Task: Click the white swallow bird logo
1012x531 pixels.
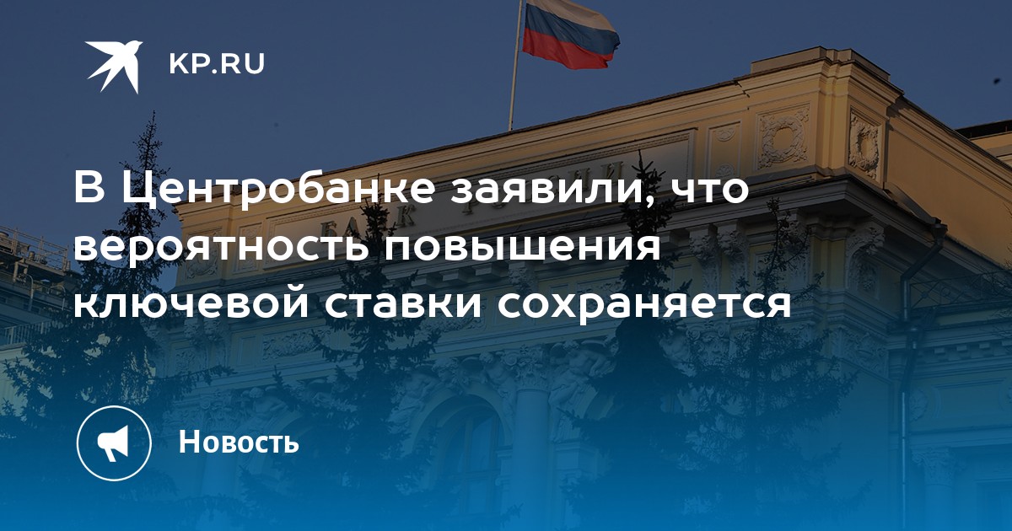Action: coord(114,66)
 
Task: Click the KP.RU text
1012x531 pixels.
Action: coord(217,64)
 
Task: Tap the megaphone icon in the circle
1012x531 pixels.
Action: coord(113,443)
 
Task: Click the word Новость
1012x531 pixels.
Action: coord(239,441)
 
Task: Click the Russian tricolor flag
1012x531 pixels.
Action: coord(571,35)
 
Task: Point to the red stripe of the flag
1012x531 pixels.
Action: coord(569,52)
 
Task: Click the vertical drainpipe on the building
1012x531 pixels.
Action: coord(903,362)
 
